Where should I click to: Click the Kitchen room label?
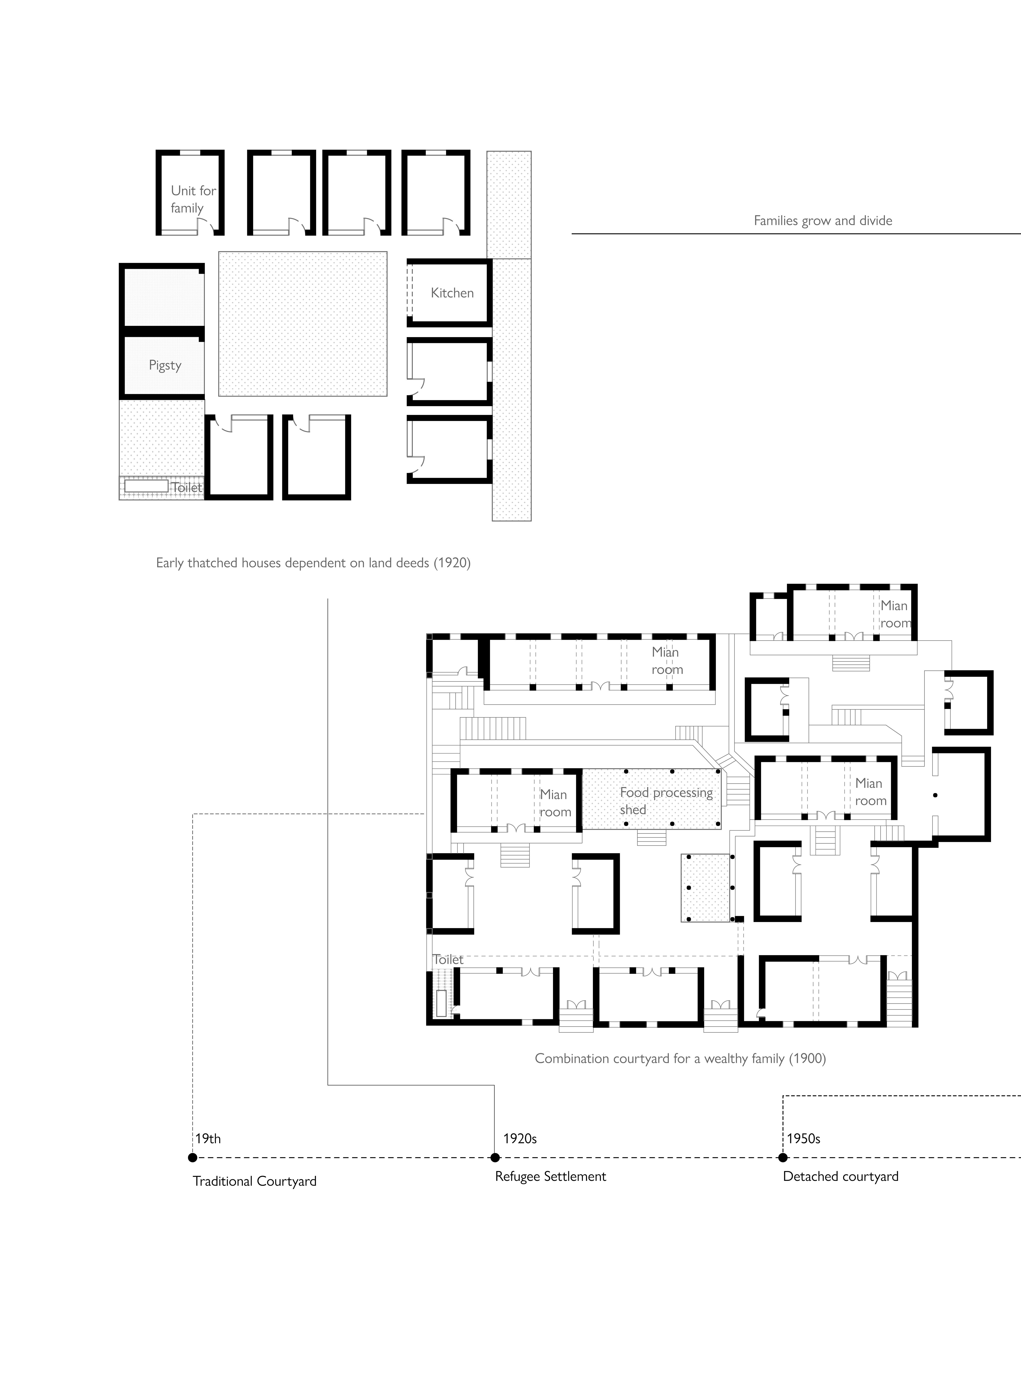click(452, 293)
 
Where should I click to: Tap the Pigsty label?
click(165, 365)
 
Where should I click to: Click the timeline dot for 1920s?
click(494, 1158)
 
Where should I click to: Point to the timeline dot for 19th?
click(193, 1158)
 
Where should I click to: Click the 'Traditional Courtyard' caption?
click(255, 1181)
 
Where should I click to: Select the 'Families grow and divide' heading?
click(823, 221)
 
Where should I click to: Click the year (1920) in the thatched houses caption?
click(452, 563)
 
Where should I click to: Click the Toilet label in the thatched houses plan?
click(187, 487)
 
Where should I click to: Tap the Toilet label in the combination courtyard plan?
click(448, 959)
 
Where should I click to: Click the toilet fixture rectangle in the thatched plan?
click(146, 486)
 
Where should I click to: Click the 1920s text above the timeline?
click(520, 1138)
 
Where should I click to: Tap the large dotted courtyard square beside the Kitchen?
click(303, 324)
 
